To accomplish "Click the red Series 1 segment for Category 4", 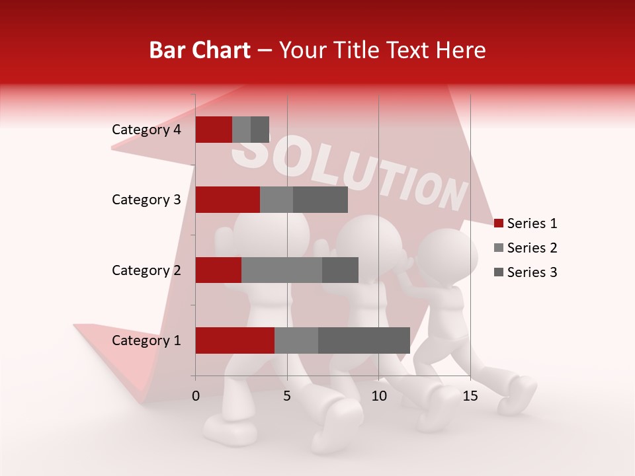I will tap(214, 130).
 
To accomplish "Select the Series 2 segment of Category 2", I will tap(282, 270).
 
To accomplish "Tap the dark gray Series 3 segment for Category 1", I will tap(364, 340).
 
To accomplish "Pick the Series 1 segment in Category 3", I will tap(228, 200).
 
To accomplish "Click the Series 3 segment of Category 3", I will tap(320, 200).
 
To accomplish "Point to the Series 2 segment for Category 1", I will tap(296, 340).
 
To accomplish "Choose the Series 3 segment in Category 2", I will tap(340, 270).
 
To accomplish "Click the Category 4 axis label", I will tap(146, 130).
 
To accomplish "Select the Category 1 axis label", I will tap(146, 340).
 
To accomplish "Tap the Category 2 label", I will tap(146, 270).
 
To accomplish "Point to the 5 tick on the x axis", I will tap(287, 396).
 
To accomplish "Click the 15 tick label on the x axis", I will tap(470, 396).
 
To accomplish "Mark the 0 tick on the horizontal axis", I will tap(196, 396).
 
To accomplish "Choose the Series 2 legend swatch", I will tap(499, 248).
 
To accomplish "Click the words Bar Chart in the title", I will tap(200, 50).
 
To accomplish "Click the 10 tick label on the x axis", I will tap(378, 396).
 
